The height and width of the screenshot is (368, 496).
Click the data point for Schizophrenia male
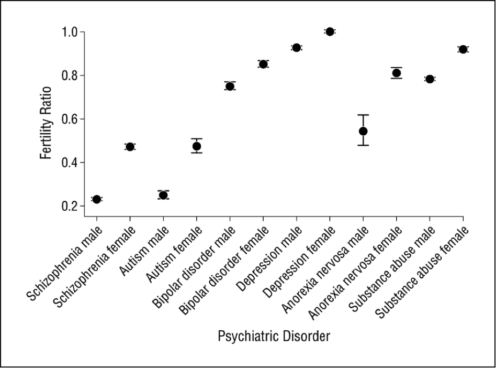click(x=96, y=199)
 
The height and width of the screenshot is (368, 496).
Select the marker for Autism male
click(x=163, y=195)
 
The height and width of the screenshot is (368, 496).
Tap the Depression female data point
click(x=330, y=31)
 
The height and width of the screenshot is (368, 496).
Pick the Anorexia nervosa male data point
click(x=363, y=131)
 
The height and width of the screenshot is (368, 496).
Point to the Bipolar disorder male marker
click(x=230, y=86)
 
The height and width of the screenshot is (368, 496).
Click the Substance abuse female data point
click(x=463, y=49)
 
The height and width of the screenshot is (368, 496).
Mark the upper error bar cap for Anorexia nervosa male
click(x=363, y=115)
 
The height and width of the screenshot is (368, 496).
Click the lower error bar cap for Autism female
click(x=197, y=153)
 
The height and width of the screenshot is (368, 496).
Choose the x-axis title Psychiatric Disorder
click(x=274, y=337)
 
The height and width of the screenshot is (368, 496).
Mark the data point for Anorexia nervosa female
click(x=397, y=73)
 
